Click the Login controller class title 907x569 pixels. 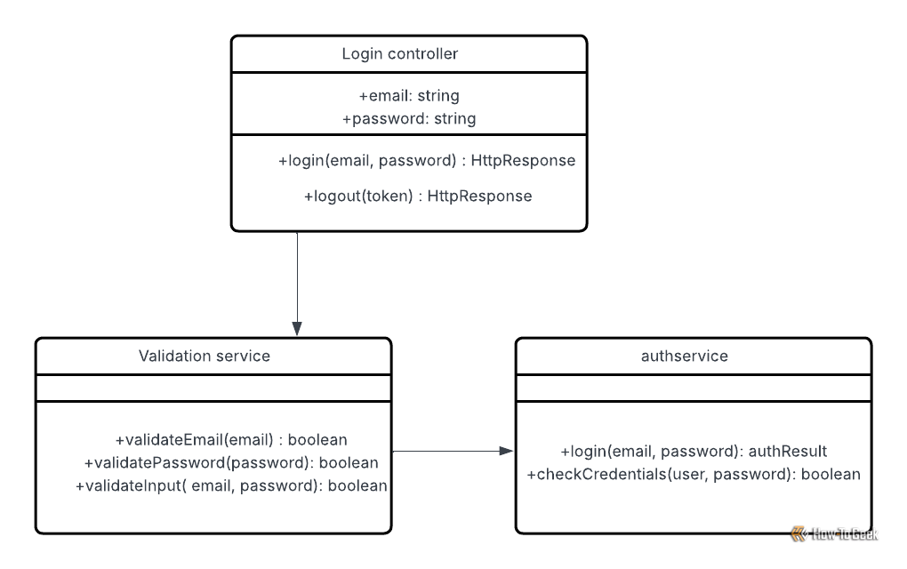click(400, 53)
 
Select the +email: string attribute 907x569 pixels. click(409, 95)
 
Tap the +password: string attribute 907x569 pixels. click(409, 118)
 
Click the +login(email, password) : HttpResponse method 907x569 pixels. click(427, 160)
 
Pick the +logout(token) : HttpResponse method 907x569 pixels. click(418, 196)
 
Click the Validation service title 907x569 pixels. click(205, 356)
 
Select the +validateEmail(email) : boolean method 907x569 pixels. click(231, 440)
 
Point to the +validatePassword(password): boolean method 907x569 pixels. click(231, 462)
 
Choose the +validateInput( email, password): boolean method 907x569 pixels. click(231, 485)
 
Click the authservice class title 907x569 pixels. click(685, 357)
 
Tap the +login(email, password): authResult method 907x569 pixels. click(694, 451)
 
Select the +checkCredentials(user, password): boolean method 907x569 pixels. click(694, 474)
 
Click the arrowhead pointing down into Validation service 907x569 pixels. click(297, 328)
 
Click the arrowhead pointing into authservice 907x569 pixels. click(506, 451)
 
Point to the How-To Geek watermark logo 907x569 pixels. click(834, 533)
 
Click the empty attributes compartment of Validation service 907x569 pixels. click(213, 388)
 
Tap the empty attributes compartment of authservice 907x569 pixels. click(694, 388)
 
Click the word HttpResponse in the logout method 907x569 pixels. click(479, 196)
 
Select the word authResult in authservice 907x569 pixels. click(788, 451)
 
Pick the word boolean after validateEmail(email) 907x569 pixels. click(317, 440)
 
